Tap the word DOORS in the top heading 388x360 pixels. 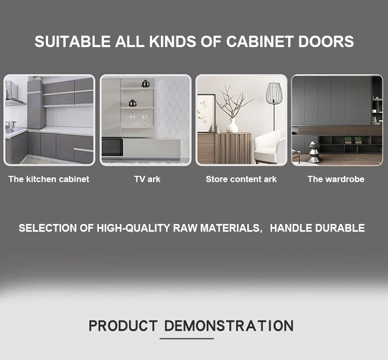(x=326, y=41)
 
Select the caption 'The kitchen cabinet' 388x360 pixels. (x=49, y=179)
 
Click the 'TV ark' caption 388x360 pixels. (x=147, y=179)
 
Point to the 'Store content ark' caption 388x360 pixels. (x=241, y=179)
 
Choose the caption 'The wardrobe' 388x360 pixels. (x=336, y=179)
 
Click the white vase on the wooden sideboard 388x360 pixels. (x=233, y=126)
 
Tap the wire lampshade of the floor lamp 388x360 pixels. (x=274, y=93)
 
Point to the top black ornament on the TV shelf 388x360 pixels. (x=145, y=83)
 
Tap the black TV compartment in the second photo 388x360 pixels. (x=112, y=147)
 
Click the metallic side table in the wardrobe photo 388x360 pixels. (x=315, y=152)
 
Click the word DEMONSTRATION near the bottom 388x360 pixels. (x=229, y=326)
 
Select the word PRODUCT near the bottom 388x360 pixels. (x=123, y=326)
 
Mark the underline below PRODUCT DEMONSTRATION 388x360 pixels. (x=187, y=338)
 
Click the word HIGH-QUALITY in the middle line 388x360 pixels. (x=133, y=228)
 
